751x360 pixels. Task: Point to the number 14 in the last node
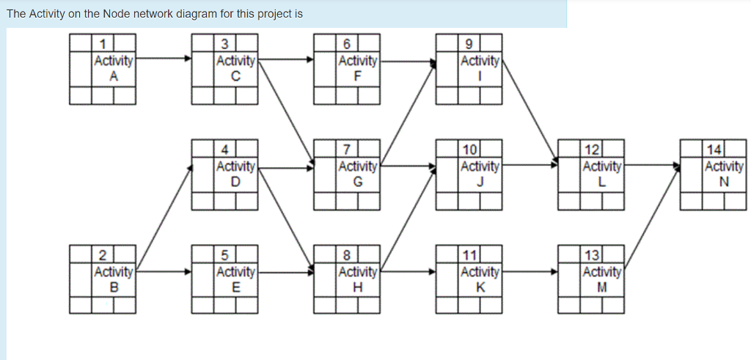click(x=712, y=150)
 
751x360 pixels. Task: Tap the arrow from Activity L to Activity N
click(x=651, y=166)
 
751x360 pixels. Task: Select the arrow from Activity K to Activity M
click(x=530, y=271)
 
